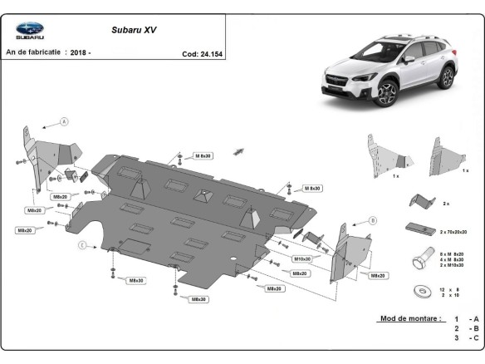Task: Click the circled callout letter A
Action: click(x=63, y=122)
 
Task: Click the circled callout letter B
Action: click(x=373, y=220)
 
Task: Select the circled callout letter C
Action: click(x=82, y=245)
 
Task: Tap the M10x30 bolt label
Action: click(x=301, y=258)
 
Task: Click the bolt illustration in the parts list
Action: click(x=419, y=259)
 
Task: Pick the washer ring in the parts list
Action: click(x=419, y=291)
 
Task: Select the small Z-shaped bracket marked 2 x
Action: click(x=419, y=200)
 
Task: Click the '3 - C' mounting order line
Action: click(x=464, y=339)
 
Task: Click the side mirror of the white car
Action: click(x=409, y=60)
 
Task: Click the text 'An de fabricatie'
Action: click(x=33, y=52)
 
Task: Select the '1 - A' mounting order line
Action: click(x=464, y=319)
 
